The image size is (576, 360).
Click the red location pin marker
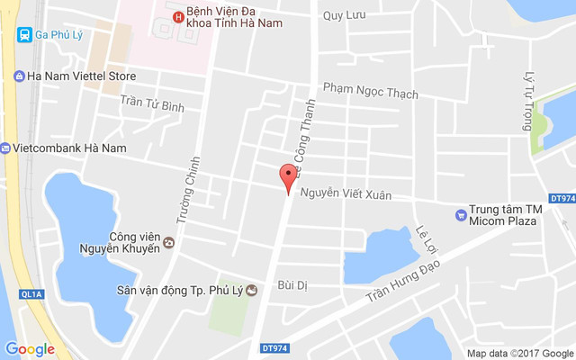(288, 176)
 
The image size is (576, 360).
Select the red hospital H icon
(177, 16)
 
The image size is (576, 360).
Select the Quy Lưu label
(343, 15)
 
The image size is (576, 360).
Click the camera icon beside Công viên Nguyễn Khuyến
(168, 242)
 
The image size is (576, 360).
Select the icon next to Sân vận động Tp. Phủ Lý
(251, 290)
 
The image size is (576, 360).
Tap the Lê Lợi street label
(426, 238)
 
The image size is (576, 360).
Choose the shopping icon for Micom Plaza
(462, 214)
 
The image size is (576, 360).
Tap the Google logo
(30, 349)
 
